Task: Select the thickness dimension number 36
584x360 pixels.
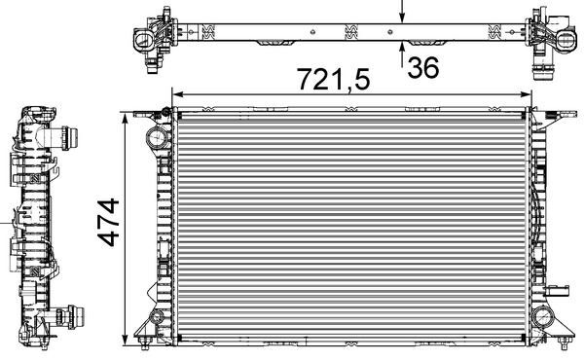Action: [x=423, y=68]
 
